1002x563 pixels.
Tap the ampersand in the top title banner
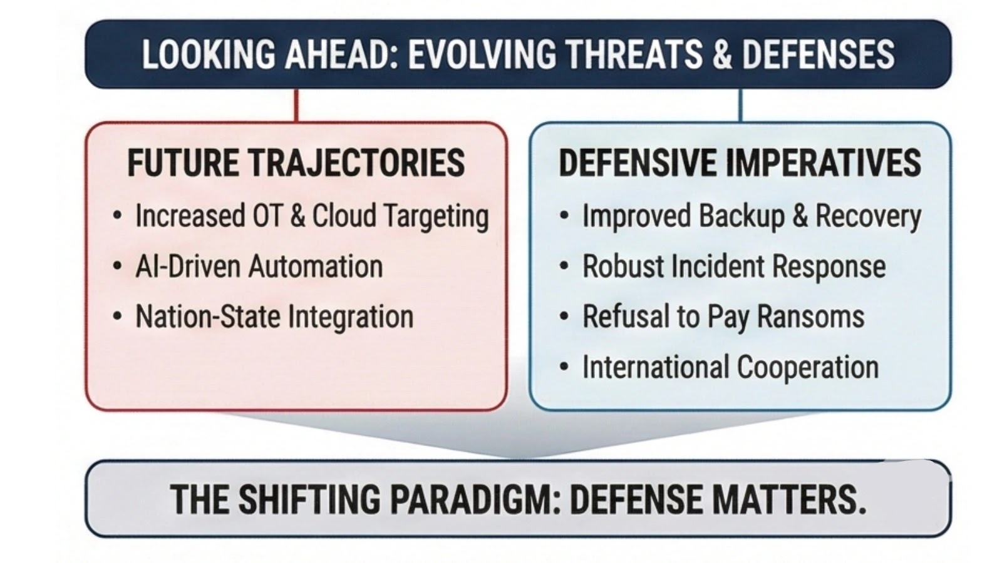click(x=722, y=54)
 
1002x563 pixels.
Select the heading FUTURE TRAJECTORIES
click(x=296, y=163)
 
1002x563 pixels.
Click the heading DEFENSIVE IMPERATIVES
click(x=740, y=163)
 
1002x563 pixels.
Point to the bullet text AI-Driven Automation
click(x=259, y=266)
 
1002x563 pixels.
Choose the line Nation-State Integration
click(x=274, y=317)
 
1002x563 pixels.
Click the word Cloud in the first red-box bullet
click(x=344, y=216)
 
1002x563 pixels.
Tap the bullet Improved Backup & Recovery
click(x=751, y=216)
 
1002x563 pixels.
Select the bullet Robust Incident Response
click(x=734, y=266)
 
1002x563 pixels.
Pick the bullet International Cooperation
click(x=730, y=367)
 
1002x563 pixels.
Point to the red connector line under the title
click(x=296, y=105)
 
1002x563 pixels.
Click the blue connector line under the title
click(x=741, y=105)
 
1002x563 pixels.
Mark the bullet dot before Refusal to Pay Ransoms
click(x=564, y=317)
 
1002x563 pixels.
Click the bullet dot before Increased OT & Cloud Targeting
click(x=118, y=216)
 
